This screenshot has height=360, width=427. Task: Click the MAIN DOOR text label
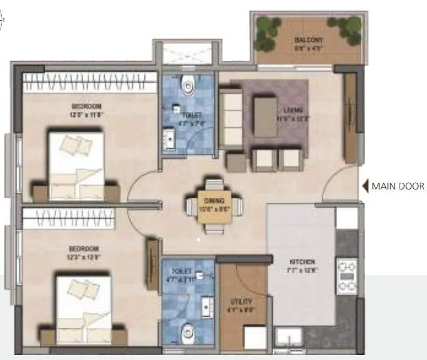tap(398, 186)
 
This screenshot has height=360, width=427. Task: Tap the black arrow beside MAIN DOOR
tap(366, 186)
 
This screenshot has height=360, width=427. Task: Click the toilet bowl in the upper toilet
tap(188, 85)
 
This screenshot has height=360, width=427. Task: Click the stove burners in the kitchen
tap(347, 276)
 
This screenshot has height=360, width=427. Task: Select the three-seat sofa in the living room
tap(229, 118)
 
